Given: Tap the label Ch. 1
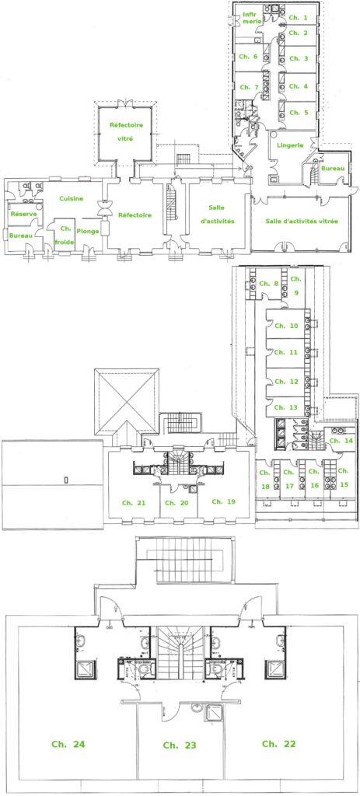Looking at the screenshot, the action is (x=298, y=18).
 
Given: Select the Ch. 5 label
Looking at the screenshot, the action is (x=299, y=113).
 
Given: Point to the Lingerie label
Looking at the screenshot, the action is (x=290, y=145).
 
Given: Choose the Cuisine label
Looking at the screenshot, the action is (x=71, y=198).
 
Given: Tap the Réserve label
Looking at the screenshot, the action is (x=24, y=214).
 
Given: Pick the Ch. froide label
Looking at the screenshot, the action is (x=65, y=235).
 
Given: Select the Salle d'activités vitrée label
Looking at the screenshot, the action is (x=302, y=222).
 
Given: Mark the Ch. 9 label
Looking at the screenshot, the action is (x=296, y=285).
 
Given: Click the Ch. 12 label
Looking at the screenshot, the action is (x=286, y=382).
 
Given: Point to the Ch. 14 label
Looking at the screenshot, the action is (x=341, y=441).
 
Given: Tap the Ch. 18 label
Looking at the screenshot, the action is (x=264, y=479).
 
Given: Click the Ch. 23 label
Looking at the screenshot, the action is (x=180, y=745).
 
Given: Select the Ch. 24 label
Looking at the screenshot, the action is (x=68, y=744).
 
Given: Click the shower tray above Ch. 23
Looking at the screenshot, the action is (x=213, y=713).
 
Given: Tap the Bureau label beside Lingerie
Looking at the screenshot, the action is (x=333, y=169).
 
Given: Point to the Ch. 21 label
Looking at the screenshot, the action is (x=134, y=503).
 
